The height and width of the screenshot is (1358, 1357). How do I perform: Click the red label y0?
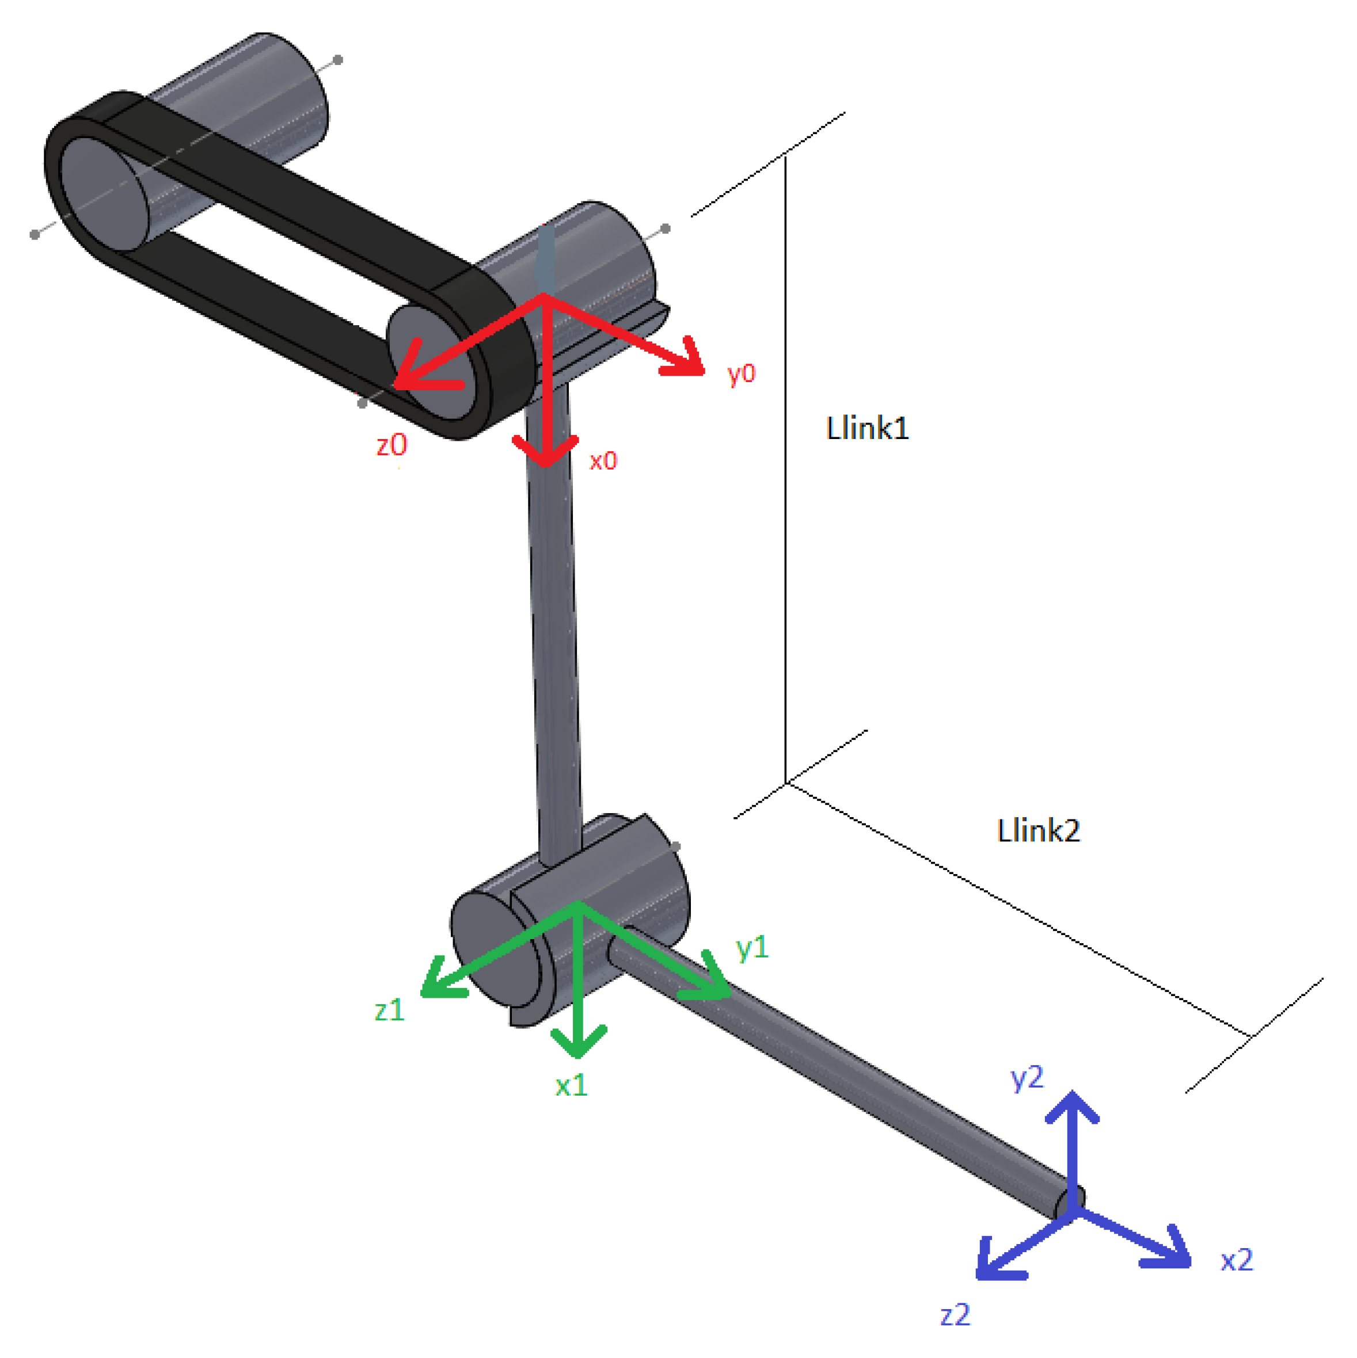click(742, 373)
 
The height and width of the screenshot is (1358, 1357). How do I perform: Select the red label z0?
click(391, 445)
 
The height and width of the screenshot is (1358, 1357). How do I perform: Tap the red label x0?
click(603, 461)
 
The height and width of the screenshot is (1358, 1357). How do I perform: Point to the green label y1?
click(752, 948)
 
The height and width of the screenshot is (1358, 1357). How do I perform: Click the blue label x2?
click(1237, 1260)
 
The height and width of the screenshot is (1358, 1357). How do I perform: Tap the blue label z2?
click(955, 1314)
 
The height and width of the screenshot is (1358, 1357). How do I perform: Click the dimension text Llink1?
click(868, 429)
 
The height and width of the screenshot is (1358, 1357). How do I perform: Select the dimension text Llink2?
click(1039, 831)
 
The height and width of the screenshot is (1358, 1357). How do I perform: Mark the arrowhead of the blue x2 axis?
click(1183, 1262)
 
